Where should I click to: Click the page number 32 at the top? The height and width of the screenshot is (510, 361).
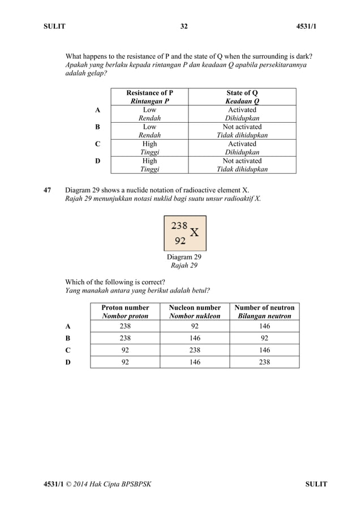coord(184,27)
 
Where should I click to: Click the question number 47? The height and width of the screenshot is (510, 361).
coord(48,189)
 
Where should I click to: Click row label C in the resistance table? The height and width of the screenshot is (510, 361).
coord(98,144)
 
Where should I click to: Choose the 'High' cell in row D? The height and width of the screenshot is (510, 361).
coord(149,161)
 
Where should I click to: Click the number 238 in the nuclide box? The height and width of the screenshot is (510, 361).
coord(179,225)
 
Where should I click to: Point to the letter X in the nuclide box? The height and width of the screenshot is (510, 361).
coord(194,232)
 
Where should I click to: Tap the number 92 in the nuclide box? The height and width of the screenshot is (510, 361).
coord(180,240)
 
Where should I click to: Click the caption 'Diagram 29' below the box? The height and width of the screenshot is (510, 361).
coord(184,257)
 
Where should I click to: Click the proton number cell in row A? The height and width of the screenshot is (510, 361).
coord(125,326)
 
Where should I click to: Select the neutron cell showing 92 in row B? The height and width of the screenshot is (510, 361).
coord(264,338)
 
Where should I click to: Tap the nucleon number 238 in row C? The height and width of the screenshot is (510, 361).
coord(195,350)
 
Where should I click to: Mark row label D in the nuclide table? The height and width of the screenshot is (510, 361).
coord(68,362)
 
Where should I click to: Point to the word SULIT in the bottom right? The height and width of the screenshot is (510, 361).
coord(316,485)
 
